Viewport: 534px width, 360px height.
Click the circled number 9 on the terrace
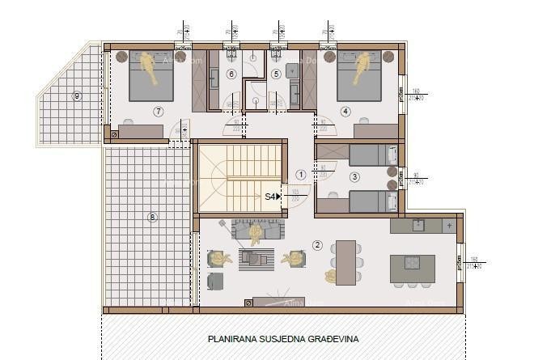coord(77,96)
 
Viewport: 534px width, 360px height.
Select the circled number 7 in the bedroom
coord(158,111)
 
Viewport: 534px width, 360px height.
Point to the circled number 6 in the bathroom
coord(231,74)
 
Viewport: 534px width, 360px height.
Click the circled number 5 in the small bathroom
coord(276,74)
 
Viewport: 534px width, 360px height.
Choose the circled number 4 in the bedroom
coord(345,112)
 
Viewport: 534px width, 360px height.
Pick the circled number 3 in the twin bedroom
coord(354,176)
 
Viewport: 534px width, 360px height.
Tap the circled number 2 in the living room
coord(317,244)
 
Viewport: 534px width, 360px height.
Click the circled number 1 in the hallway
coord(301,174)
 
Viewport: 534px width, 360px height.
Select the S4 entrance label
coord(273,196)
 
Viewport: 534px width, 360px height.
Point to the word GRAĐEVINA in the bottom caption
coord(331,340)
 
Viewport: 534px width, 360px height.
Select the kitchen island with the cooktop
coord(412,268)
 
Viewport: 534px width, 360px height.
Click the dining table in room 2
coord(346,263)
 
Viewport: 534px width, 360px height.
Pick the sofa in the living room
coord(256,230)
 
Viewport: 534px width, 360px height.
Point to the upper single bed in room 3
coord(374,154)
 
